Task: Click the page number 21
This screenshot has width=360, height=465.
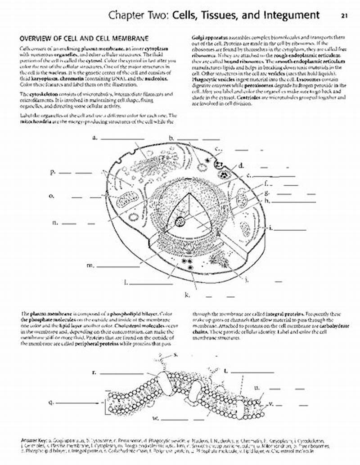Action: click(344, 15)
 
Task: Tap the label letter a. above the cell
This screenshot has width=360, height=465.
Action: click(95, 138)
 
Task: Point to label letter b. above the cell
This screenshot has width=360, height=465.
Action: click(171, 138)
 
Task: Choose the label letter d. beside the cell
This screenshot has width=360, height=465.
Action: click(241, 165)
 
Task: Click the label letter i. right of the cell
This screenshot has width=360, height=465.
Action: click(270, 228)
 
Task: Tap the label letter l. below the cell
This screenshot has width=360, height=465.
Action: click(126, 282)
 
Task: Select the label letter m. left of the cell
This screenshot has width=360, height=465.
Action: click(90, 265)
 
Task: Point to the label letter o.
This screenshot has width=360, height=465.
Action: click(52, 196)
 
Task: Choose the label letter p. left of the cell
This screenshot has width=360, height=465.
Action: click(53, 172)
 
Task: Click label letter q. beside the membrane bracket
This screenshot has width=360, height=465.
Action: click(51, 402)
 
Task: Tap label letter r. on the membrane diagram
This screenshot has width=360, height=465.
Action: click(94, 372)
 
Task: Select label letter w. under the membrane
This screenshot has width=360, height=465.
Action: click(155, 418)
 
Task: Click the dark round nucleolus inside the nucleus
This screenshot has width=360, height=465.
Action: click(180, 221)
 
